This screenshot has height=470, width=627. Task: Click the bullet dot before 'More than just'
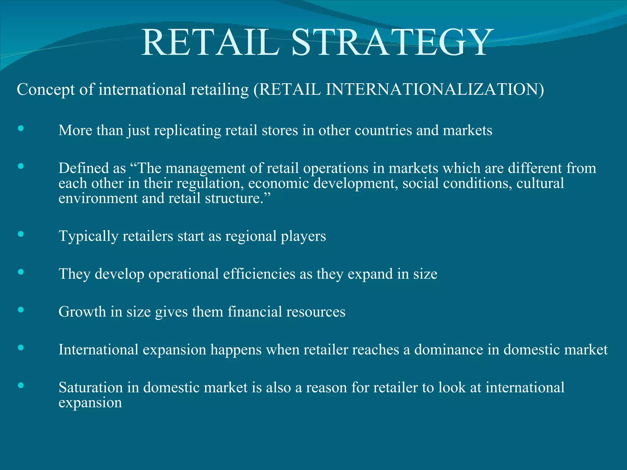pyautogui.click(x=21, y=128)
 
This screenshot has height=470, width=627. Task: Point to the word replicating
pyautogui.click(x=188, y=131)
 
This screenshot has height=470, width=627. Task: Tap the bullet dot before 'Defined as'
pyautogui.click(x=21, y=166)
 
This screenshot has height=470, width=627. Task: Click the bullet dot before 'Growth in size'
pyautogui.click(x=21, y=310)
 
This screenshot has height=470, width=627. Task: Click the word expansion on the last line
pyautogui.click(x=90, y=403)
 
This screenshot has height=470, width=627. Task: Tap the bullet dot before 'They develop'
pyautogui.click(x=21, y=272)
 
